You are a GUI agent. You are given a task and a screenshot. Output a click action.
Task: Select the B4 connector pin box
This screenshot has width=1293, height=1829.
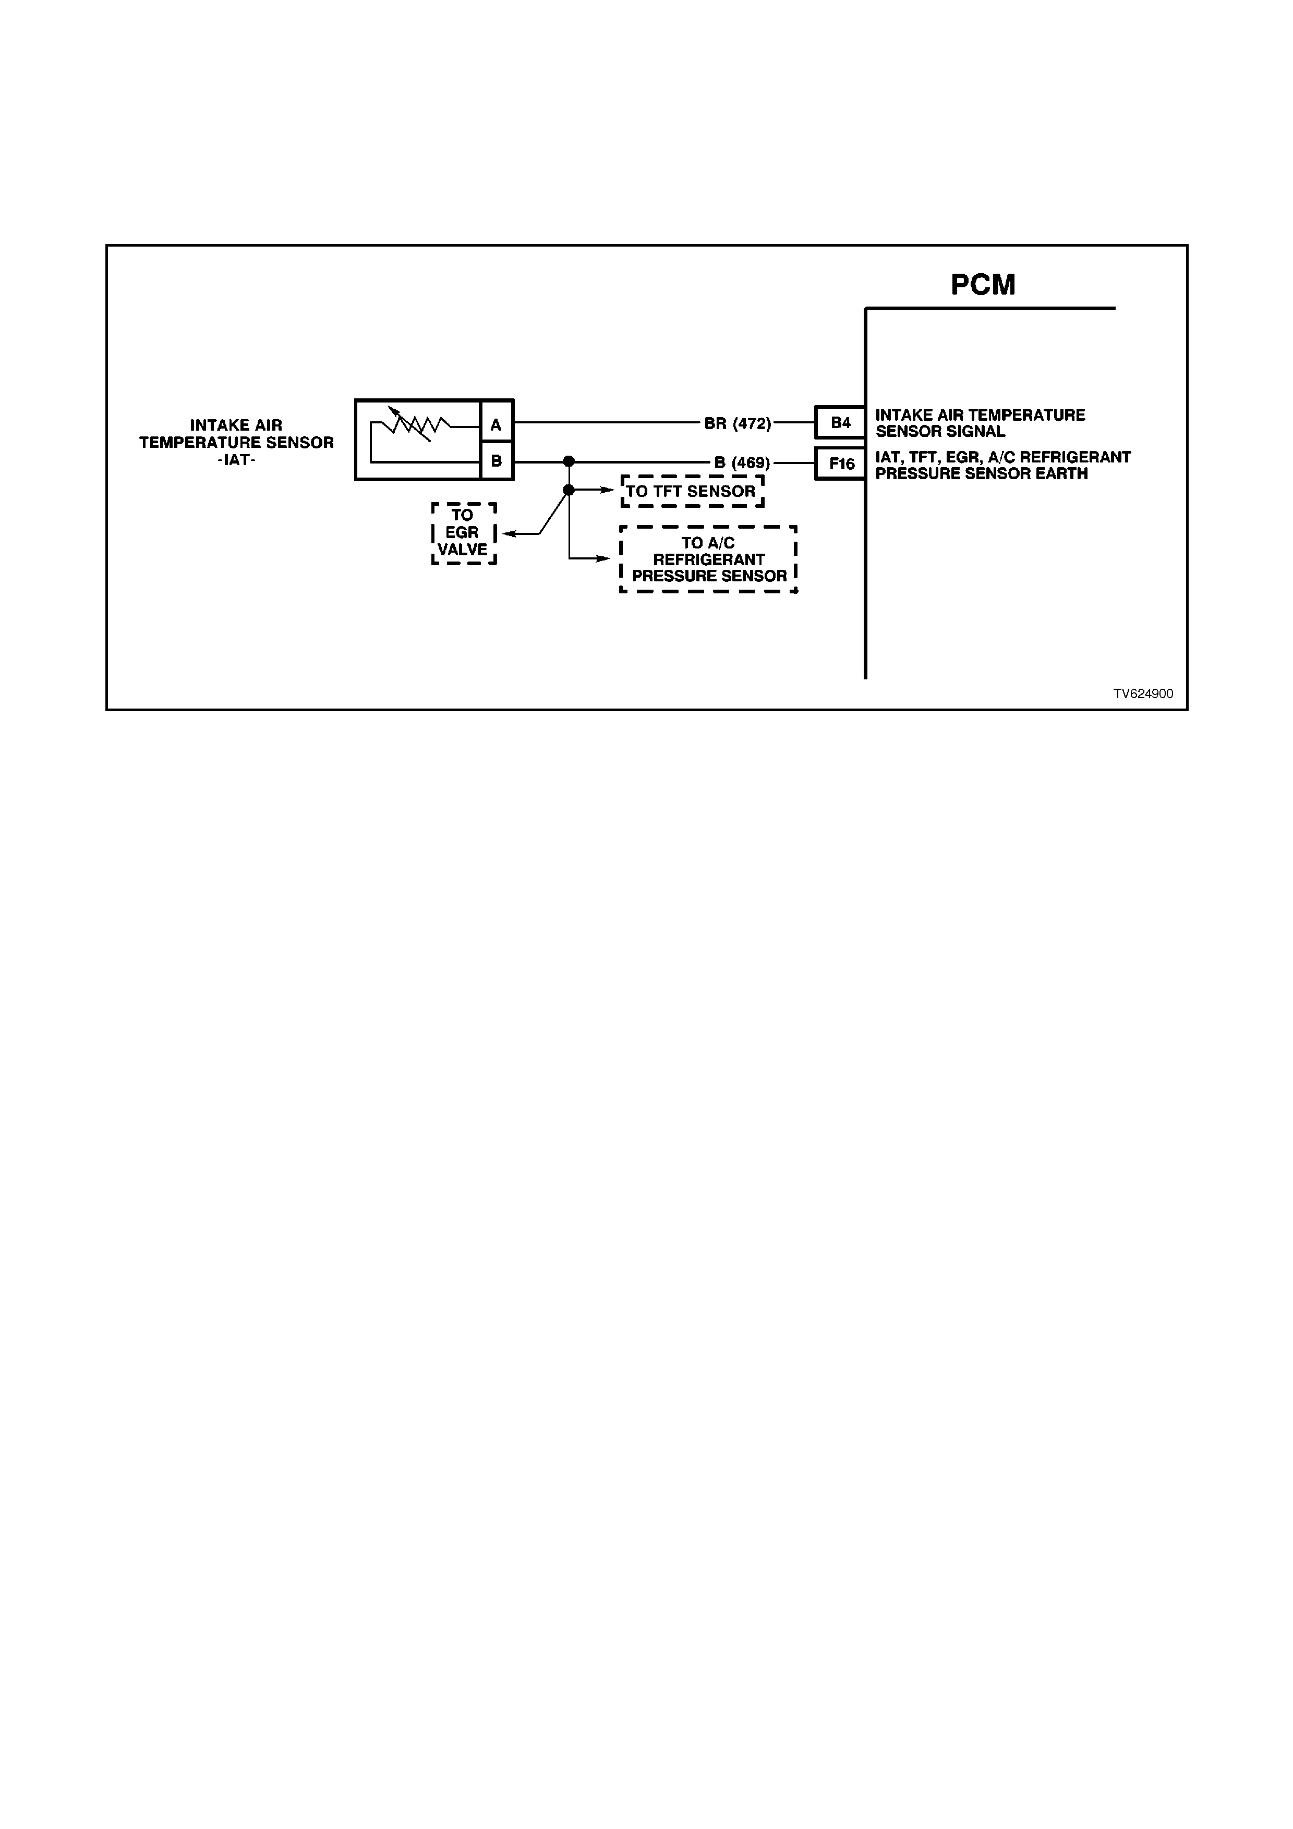(840, 422)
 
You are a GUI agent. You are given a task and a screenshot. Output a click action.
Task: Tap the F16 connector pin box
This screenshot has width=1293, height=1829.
(840, 464)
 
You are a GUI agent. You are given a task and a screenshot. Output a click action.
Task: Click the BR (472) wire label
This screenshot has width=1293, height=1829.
(738, 424)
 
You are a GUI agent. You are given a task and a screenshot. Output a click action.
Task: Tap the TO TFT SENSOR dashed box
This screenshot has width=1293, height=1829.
(692, 492)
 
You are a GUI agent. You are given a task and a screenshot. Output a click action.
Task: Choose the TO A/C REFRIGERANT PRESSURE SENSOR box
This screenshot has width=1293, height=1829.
(708, 559)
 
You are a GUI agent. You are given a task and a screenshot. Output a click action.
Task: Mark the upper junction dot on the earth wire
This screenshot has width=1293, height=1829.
(569, 461)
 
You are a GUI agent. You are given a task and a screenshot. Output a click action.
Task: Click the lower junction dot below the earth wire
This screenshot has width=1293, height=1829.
(569, 490)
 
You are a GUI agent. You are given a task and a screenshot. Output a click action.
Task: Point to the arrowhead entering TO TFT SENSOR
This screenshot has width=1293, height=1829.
(607, 490)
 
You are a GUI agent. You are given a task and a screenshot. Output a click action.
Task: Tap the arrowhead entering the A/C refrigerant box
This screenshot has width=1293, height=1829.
(604, 558)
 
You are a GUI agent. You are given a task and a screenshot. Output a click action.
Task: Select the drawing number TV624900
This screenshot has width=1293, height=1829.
(1143, 694)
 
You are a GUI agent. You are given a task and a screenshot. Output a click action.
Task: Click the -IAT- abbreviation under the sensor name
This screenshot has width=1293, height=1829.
(237, 460)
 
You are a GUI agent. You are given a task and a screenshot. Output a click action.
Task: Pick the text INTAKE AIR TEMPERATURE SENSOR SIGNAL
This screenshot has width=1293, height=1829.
(980, 423)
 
